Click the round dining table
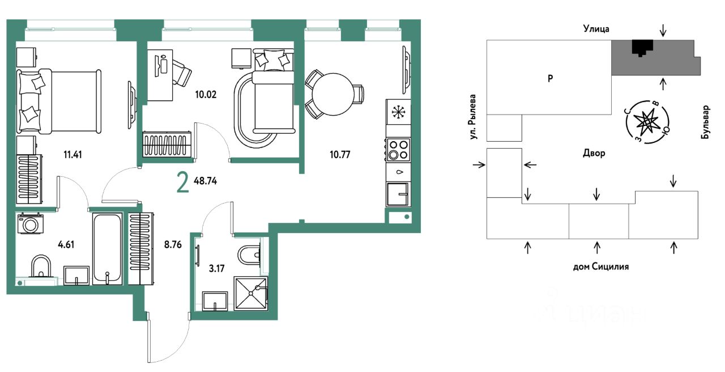[333, 94]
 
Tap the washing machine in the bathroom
[30, 223]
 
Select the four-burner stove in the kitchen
[398, 150]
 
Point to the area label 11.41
[72, 155]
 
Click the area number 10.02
[206, 95]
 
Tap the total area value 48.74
[205, 181]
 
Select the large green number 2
[182, 183]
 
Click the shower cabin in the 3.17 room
[251, 293]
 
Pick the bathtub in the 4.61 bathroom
[108, 249]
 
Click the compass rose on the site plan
[647, 122]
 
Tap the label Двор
[594, 153]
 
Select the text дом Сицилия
[601, 267]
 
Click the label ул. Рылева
[473, 117]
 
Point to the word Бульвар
[706, 122]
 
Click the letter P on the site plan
[550, 78]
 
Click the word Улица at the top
[596, 29]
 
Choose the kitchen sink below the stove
[398, 194]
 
